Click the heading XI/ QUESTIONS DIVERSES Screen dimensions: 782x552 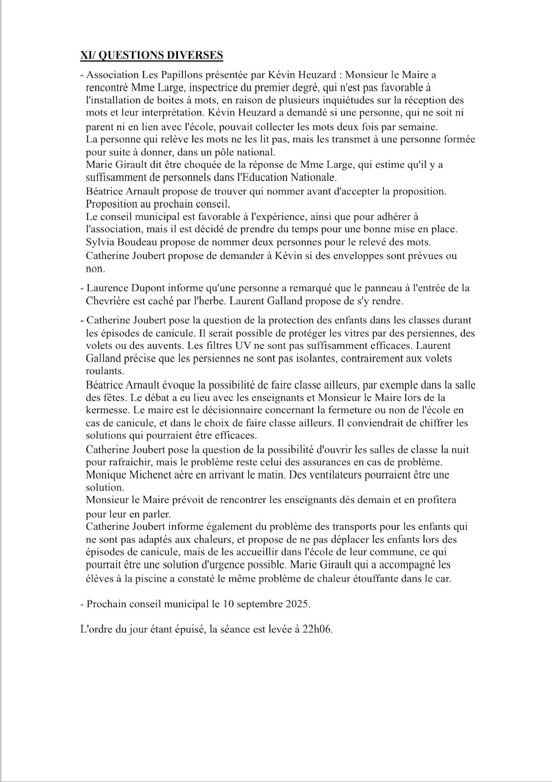(152, 56)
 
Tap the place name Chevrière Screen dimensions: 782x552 (109, 300)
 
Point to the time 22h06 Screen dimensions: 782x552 (318, 630)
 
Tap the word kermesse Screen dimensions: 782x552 (108, 411)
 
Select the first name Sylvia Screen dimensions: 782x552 (100, 243)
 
